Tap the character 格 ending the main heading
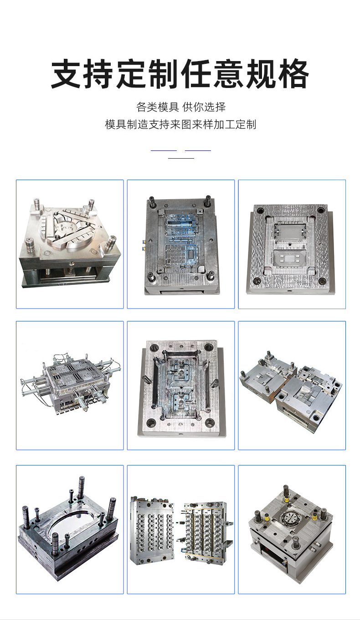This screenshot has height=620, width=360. click(293, 74)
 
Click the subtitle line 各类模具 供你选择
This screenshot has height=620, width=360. click(181, 107)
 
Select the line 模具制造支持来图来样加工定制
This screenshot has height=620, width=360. click(180, 124)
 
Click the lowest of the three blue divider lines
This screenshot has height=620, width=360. click(181, 158)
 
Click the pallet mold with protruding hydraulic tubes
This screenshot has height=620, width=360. click(70, 384)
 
